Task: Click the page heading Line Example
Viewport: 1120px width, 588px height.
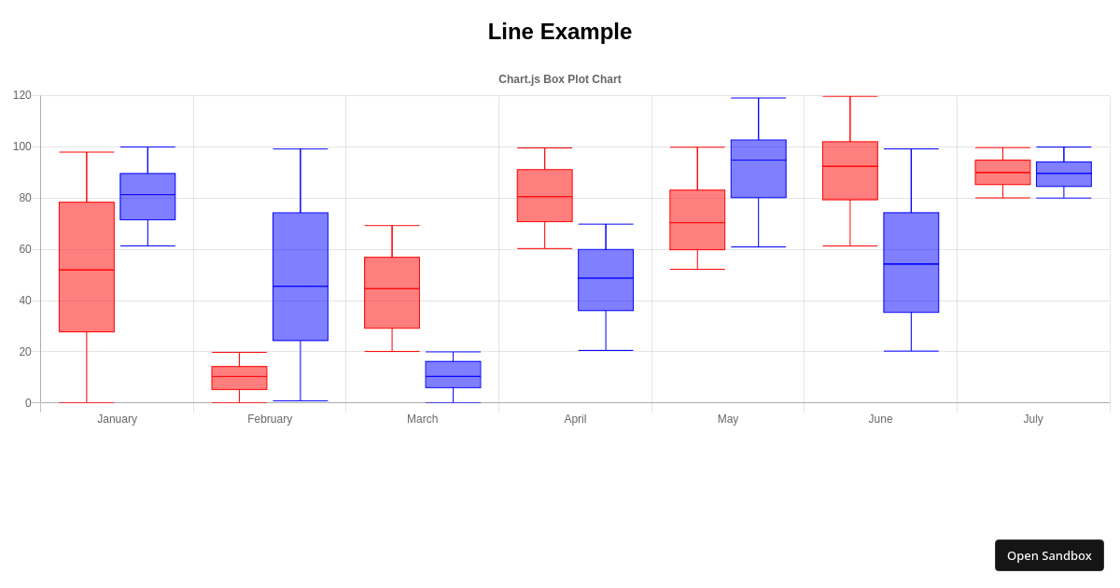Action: click(559, 32)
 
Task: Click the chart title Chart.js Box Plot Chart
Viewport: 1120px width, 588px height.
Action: click(559, 79)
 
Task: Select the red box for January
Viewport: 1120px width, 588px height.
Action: click(87, 267)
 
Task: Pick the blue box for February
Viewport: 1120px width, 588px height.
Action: click(301, 276)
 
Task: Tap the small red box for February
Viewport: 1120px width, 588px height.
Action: click(239, 378)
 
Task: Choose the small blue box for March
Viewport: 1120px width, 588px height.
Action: click(453, 374)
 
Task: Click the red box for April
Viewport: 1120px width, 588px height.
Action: click(545, 195)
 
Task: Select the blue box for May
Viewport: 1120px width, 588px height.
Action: click(758, 169)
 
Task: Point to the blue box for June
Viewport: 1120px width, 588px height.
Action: click(911, 262)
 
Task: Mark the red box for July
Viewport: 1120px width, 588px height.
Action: click(1002, 172)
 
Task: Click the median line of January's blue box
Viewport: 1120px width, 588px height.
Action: click(147, 195)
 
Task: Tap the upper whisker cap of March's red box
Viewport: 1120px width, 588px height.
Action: click(392, 225)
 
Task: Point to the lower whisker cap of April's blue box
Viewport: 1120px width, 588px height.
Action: click(606, 350)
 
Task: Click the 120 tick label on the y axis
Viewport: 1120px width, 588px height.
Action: click(22, 95)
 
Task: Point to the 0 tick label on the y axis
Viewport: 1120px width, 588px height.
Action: click(28, 403)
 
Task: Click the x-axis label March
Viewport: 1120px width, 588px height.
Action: click(422, 419)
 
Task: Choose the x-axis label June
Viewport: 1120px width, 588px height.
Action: click(880, 419)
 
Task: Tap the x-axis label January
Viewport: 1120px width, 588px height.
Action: click(117, 419)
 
